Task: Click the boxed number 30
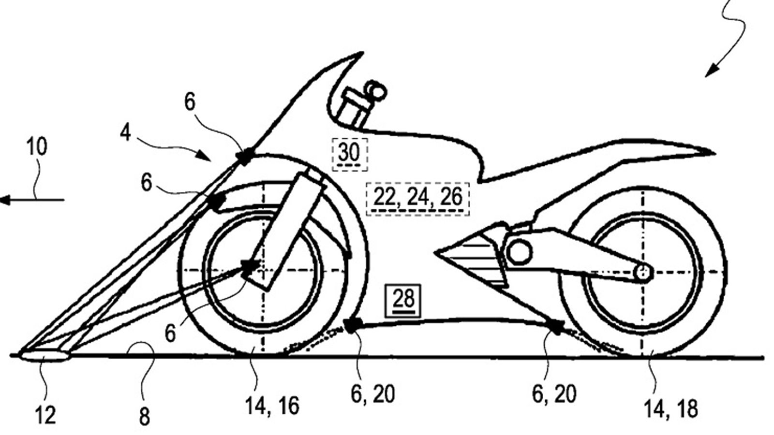click(x=349, y=154)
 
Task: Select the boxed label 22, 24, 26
click(x=418, y=197)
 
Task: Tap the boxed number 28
click(x=403, y=300)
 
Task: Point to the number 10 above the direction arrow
click(x=36, y=147)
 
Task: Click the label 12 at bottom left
click(x=46, y=415)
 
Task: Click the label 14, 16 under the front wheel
click(x=272, y=406)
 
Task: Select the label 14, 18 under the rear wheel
click(x=671, y=408)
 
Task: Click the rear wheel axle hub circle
click(x=643, y=273)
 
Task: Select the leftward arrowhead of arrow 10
click(x=5, y=199)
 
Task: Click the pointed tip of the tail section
click(x=712, y=153)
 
